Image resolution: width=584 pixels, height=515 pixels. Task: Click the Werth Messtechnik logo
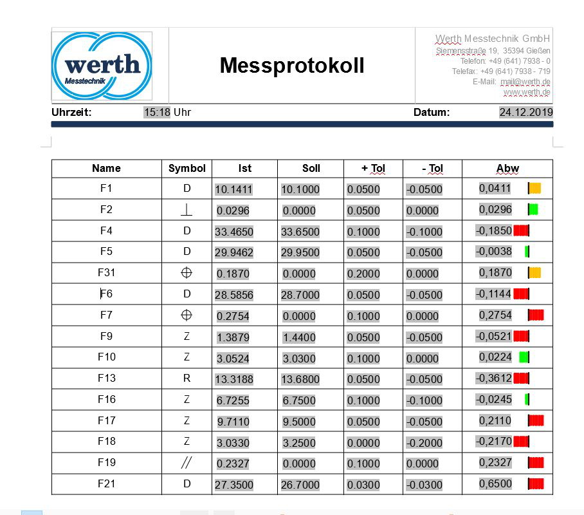(102, 65)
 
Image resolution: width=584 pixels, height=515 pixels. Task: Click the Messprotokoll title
(292, 65)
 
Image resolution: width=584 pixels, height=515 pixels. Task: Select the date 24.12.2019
(525, 113)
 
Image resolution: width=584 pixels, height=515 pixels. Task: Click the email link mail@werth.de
(525, 82)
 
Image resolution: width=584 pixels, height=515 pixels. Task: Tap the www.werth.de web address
(526, 92)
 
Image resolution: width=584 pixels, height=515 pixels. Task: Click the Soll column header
(311, 169)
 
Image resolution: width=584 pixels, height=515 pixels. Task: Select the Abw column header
(507, 169)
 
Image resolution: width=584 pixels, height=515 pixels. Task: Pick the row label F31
(106, 272)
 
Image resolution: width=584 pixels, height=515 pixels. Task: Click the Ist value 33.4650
(234, 232)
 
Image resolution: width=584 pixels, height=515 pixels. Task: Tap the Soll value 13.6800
(300, 379)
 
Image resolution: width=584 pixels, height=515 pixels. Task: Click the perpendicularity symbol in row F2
(187, 210)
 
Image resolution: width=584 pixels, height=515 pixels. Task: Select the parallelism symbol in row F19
(187, 463)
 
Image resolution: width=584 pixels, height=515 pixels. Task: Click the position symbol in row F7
(187, 315)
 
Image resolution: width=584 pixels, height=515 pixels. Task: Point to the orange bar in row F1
(534, 188)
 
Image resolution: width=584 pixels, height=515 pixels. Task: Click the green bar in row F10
(524, 357)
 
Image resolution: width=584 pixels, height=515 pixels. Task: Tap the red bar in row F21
(536, 483)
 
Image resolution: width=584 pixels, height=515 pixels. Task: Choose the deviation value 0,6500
(495, 483)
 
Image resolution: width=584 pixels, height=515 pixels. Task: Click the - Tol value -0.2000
(424, 443)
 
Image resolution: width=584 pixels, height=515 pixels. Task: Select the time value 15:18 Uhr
(167, 113)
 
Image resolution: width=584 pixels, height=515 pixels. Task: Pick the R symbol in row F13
(187, 378)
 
